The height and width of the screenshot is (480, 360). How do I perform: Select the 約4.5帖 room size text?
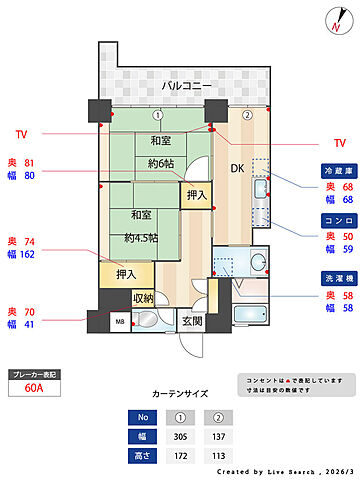[x=141, y=238]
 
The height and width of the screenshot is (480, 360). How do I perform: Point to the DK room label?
[x=237, y=169]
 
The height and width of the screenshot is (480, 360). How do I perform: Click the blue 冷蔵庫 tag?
[x=336, y=171]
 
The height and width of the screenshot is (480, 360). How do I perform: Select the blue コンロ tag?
[x=336, y=220]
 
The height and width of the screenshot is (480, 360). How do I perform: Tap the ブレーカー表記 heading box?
[x=34, y=374]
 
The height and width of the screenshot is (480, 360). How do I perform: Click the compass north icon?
[x=335, y=21]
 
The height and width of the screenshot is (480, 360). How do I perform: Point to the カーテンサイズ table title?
[x=180, y=395]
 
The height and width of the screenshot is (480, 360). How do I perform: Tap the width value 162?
[x=28, y=255]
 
